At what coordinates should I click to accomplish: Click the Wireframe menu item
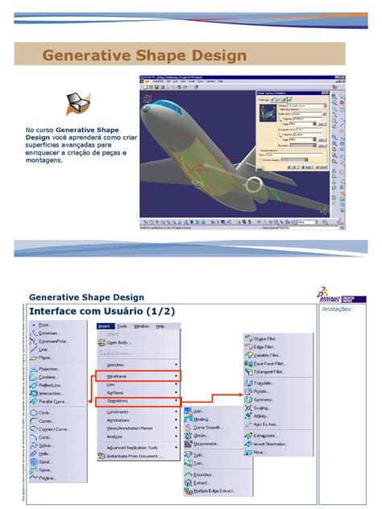click(x=117, y=376)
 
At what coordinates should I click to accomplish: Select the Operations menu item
click(x=118, y=400)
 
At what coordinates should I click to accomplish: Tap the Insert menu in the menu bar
click(x=104, y=326)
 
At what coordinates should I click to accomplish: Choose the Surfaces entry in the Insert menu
click(x=116, y=392)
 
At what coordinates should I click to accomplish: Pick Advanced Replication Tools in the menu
click(x=132, y=447)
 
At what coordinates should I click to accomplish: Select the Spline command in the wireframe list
click(x=45, y=444)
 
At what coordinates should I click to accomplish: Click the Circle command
click(x=44, y=412)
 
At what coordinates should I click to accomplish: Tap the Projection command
click(x=49, y=369)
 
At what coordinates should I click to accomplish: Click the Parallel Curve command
click(x=52, y=401)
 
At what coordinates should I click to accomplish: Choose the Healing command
click(x=202, y=419)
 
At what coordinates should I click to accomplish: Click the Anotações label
click(x=337, y=308)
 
